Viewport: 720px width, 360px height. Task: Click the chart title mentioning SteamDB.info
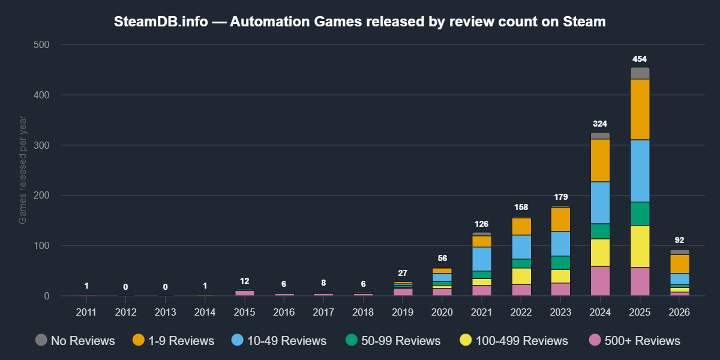tap(360, 22)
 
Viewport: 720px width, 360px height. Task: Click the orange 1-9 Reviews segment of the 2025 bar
tap(640, 109)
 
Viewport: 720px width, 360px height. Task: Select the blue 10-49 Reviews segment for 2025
tap(640, 171)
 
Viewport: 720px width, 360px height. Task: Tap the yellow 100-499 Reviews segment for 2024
tap(600, 253)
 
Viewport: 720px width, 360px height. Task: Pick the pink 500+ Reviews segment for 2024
tap(600, 281)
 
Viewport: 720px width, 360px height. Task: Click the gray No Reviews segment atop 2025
tap(640, 73)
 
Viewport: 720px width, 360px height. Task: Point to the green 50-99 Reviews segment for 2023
tap(560, 263)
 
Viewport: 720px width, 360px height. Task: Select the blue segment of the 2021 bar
tap(481, 259)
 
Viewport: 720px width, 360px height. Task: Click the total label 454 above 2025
tap(640, 59)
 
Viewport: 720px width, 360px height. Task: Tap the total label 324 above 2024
tap(600, 124)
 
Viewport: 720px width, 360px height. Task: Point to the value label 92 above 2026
tap(679, 241)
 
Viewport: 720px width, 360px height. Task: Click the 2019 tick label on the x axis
tap(402, 312)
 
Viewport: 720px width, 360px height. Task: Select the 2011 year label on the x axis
tap(86, 312)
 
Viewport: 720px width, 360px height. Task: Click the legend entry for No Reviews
tap(75, 341)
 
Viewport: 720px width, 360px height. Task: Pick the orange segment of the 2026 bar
tap(679, 264)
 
